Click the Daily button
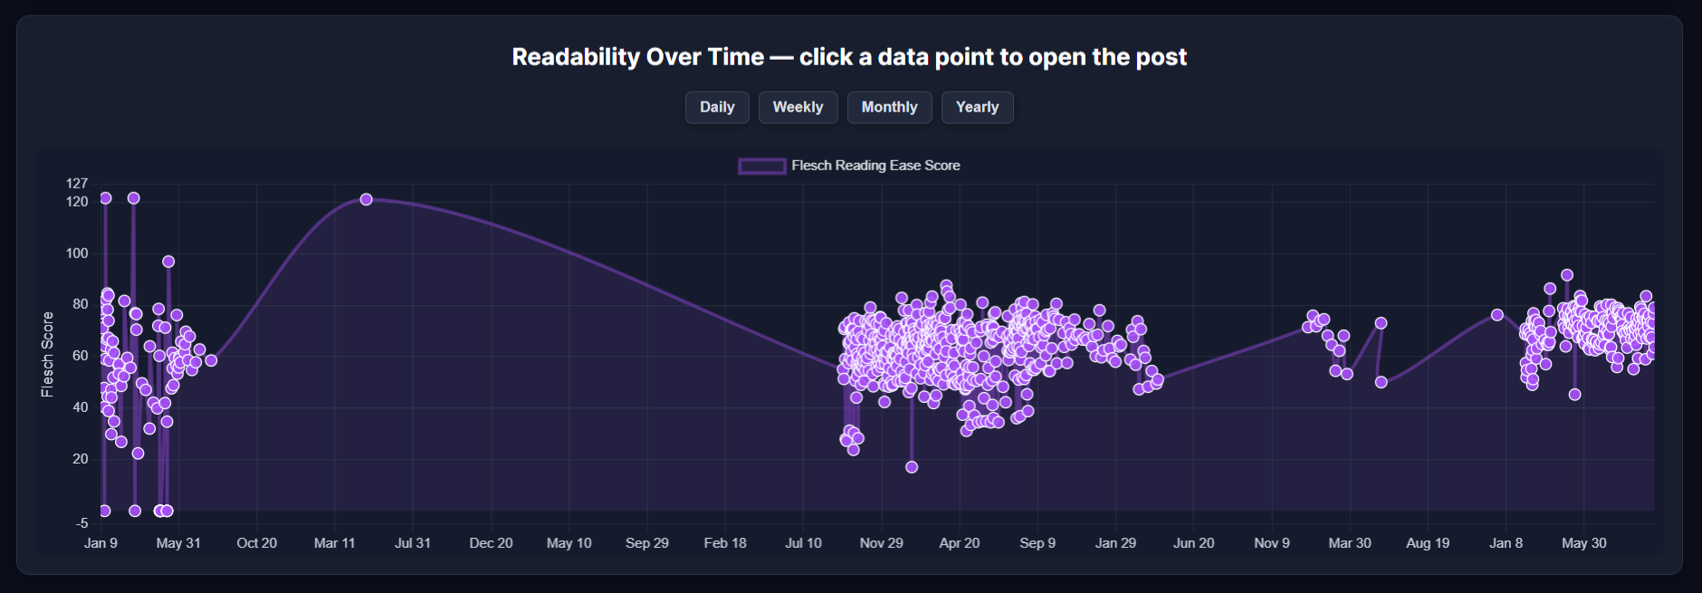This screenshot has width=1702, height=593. click(717, 107)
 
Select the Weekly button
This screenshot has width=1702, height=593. click(798, 107)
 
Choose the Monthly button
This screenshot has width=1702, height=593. click(889, 107)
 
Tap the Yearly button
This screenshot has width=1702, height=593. click(977, 107)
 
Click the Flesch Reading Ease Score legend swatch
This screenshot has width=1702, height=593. click(761, 166)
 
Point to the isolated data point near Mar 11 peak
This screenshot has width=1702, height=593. click(366, 199)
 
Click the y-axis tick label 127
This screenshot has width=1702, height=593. click(77, 184)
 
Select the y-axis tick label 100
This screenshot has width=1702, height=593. click(77, 253)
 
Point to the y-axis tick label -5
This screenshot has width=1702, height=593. click(81, 523)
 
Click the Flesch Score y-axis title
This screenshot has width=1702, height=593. click(48, 354)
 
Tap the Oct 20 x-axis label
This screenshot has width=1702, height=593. click(256, 543)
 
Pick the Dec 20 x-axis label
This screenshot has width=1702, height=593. click(491, 543)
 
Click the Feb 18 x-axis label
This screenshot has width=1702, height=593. click(725, 543)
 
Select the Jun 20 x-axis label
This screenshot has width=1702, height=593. click(1193, 543)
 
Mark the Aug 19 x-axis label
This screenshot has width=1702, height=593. click(1428, 543)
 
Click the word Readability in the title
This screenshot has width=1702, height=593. click(576, 57)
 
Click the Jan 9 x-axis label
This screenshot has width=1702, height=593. click(100, 543)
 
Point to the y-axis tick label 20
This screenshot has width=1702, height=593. click(81, 459)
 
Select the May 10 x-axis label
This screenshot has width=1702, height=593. click(569, 543)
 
